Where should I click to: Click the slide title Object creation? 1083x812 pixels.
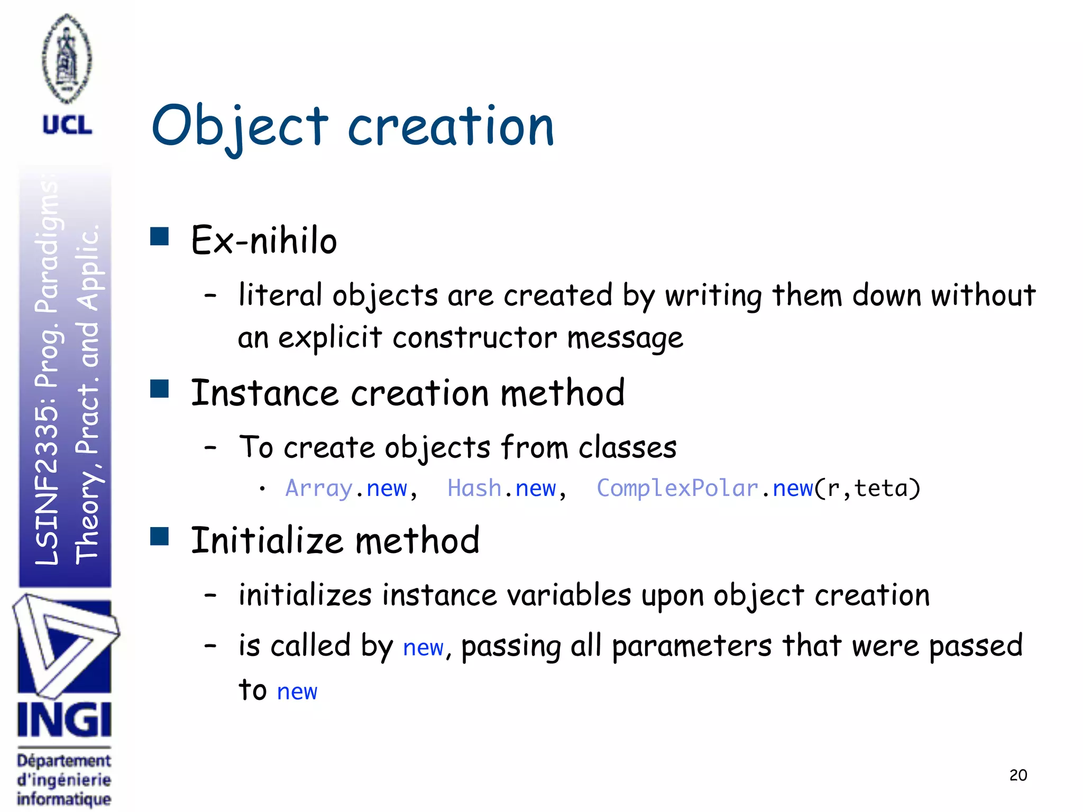(353, 127)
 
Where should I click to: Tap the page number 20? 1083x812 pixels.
(1018, 775)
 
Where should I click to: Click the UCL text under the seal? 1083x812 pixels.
(67, 125)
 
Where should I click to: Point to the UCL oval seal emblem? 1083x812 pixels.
(67, 58)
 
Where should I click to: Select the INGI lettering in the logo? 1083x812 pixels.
(65, 720)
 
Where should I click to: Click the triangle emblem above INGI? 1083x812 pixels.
(65, 645)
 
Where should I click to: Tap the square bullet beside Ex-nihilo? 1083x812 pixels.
(159, 236)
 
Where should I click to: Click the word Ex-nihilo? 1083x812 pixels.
(264, 241)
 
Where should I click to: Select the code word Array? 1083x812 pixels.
(319, 488)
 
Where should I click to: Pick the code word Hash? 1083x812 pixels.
(474, 488)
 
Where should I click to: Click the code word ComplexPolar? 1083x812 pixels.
(677, 488)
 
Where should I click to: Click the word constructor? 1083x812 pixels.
(474, 337)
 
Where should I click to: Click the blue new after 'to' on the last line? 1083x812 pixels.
(297, 691)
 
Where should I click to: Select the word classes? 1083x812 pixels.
(627, 447)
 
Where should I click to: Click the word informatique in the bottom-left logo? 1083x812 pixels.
(64, 798)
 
